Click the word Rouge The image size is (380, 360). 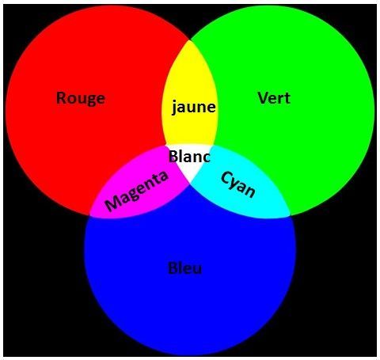pyautogui.click(x=81, y=99)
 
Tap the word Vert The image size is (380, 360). pyautogui.click(x=274, y=98)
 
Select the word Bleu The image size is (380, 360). pyautogui.click(x=184, y=268)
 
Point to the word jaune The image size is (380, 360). pyautogui.click(x=193, y=107)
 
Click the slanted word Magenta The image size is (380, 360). pyautogui.click(x=136, y=191)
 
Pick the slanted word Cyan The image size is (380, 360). pyautogui.click(x=238, y=184)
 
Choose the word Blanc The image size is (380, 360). pyautogui.click(x=189, y=156)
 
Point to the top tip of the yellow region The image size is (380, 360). pyautogui.click(x=189, y=40)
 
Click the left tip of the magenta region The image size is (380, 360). pyautogui.click(x=90, y=215)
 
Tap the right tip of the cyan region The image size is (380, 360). pyautogui.click(x=290, y=215)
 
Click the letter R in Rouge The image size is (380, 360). pyautogui.click(x=61, y=97)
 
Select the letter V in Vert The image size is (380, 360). pyautogui.click(x=263, y=98)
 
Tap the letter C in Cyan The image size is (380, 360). pyautogui.click(x=226, y=178)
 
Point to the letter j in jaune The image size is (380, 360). pyautogui.click(x=174, y=107)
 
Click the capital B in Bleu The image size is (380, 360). pyautogui.click(x=173, y=268)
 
